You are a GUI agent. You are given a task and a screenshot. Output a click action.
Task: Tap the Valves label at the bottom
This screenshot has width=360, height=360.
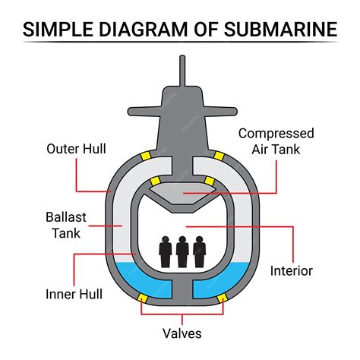click(182, 331)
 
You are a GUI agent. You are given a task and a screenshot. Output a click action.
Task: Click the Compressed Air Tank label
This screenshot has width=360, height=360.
click(276, 141)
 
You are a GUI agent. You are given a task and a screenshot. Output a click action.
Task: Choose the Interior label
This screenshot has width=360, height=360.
click(292, 270)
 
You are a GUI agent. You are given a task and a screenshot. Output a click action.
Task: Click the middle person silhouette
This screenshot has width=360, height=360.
click(182, 251)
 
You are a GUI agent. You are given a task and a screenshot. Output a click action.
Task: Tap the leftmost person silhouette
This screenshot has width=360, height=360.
click(165, 251)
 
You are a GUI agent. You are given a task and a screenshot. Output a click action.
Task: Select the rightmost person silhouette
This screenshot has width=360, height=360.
click(199, 251)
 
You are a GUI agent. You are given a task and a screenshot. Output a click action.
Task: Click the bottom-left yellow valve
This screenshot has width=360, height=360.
click(141, 298)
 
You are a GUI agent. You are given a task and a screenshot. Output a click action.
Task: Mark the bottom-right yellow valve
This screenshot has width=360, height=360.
click(222, 298)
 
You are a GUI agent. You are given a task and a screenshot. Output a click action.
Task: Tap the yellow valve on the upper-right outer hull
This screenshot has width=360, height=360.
click(219, 156)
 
